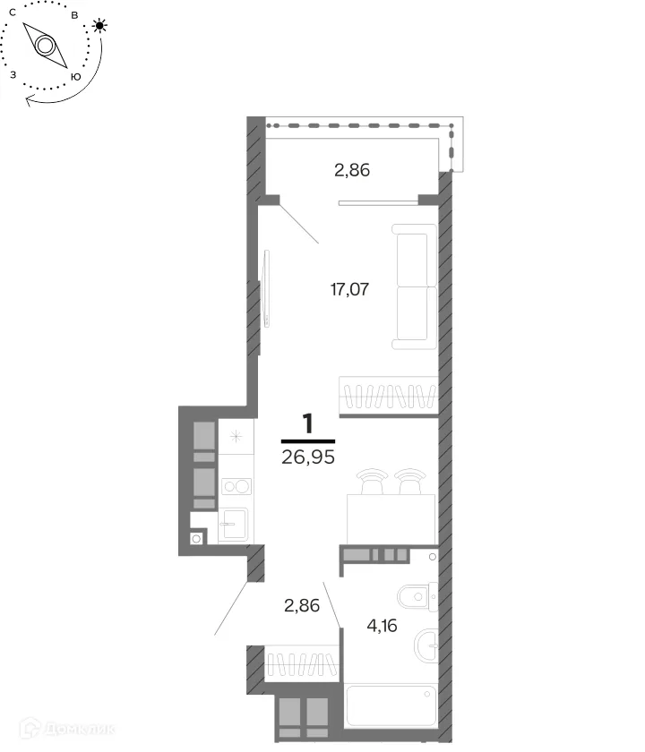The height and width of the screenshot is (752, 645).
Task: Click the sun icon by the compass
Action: [99, 25]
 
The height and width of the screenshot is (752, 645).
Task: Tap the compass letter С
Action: [13, 13]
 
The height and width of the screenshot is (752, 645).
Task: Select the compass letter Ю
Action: [76, 77]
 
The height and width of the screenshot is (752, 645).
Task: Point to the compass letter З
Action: [13, 75]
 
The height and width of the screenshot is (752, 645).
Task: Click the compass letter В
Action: [74, 15]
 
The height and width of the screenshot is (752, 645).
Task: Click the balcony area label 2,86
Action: [352, 170]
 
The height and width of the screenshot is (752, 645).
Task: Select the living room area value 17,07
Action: [350, 289]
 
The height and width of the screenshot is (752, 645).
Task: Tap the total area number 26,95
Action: [308, 457]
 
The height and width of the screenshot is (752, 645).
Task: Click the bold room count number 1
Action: [307, 423]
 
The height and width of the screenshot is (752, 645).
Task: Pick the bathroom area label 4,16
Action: [382, 626]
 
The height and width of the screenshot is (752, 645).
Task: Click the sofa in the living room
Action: [414, 286]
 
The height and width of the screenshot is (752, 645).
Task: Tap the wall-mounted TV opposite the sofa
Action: [266, 288]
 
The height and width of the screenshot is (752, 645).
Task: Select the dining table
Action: [391, 519]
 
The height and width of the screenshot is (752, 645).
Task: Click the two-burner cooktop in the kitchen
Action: [236, 486]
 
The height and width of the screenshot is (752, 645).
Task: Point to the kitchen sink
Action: [234, 525]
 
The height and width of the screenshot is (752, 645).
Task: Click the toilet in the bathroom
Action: [417, 597]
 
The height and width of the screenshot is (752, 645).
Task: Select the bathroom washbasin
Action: [426, 645]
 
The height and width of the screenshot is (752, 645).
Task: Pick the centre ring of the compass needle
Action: [45, 46]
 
